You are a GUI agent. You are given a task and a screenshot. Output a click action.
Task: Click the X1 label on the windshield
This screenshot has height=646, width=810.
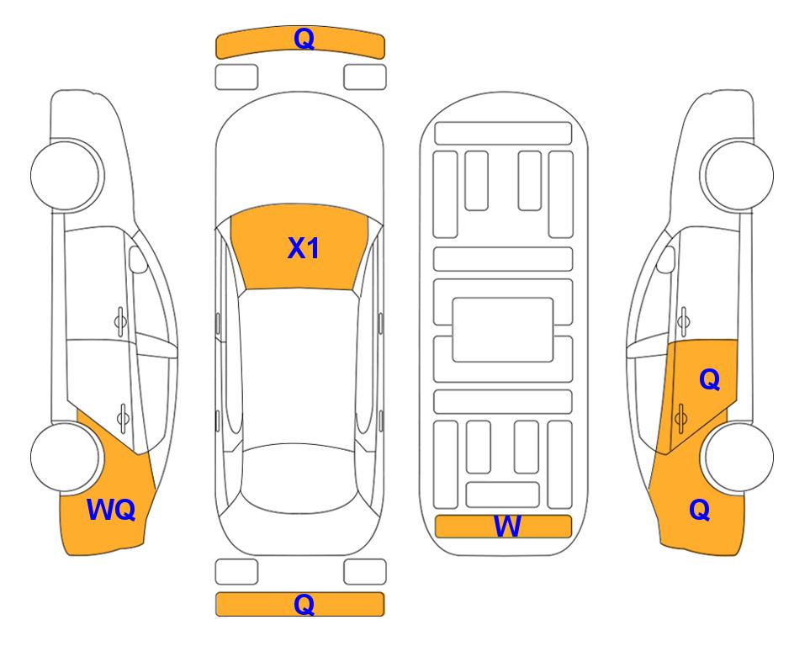click(x=304, y=248)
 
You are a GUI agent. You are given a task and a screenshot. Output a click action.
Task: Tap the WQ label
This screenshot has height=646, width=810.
click(x=111, y=510)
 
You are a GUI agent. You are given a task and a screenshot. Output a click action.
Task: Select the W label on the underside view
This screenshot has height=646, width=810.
click(x=506, y=527)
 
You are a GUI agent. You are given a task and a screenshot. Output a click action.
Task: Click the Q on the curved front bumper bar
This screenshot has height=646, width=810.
click(x=304, y=39)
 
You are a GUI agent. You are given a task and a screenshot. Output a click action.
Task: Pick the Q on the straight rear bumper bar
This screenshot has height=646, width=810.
click(x=304, y=604)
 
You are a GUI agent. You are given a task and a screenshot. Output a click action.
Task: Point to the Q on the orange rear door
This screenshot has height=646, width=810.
click(x=709, y=380)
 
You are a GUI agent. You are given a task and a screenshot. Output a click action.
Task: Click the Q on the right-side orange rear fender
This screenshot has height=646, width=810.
click(x=700, y=510)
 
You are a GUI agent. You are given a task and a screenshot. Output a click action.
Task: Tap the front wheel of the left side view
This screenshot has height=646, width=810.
click(x=66, y=175)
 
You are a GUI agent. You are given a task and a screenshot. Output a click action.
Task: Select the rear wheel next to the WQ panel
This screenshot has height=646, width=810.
click(x=66, y=457)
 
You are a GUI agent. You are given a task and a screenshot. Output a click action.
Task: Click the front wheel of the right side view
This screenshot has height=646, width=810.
click(x=739, y=175)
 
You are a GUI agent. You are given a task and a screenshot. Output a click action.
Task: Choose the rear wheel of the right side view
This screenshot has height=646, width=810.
click(x=739, y=457)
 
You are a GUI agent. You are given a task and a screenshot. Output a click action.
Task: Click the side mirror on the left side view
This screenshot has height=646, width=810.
click(x=137, y=259)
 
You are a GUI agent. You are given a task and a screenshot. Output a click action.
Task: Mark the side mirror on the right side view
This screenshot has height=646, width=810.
click(x=666, y=259)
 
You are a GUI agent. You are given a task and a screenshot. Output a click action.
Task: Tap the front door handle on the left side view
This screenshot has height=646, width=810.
click(x=120, y=322)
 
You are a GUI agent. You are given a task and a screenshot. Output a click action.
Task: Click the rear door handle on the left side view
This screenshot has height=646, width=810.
click(x=123, y=417)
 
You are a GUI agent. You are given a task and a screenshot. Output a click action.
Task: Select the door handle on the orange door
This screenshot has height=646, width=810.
click(x=680, y=417)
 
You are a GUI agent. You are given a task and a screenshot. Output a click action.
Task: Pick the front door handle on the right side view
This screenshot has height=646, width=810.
click(x=684, y=322)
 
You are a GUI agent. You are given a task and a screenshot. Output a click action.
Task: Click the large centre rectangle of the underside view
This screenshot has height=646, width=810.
click(x=503, y=330)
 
